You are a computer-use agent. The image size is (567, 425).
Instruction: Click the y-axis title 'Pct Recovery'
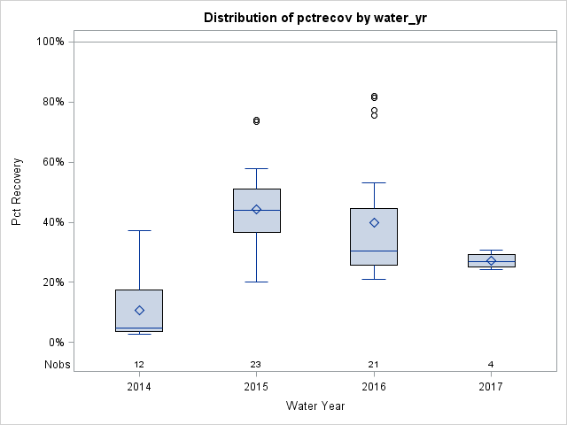coord(17,192)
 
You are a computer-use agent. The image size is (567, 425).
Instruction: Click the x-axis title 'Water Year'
coord(315,406)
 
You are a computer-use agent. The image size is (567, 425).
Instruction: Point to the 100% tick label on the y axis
coord(50,42)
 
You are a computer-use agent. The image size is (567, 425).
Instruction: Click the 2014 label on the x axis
coord(139,387)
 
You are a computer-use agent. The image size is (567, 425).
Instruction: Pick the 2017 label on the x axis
coord(491,387)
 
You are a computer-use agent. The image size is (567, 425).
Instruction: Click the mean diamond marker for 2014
coord(139,310)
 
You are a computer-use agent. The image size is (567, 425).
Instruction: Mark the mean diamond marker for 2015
coord(256,210)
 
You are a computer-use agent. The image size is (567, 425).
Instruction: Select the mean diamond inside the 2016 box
coord(374,222)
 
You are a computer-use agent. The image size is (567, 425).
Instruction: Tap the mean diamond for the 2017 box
coord(491,260)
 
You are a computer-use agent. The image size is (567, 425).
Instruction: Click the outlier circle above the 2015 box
coord(256,120)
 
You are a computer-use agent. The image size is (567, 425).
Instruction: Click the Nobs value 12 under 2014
coord(139,365)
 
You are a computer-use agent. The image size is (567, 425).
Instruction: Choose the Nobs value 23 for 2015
coord(256,365)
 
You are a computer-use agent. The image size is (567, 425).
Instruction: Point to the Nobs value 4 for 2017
coord(491,365)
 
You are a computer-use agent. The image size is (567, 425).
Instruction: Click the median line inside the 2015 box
coord(256,210)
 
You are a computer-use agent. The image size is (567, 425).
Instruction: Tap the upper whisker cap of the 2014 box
coord(139,230)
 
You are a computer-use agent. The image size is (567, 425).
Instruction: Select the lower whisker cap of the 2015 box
coord(256,282)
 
